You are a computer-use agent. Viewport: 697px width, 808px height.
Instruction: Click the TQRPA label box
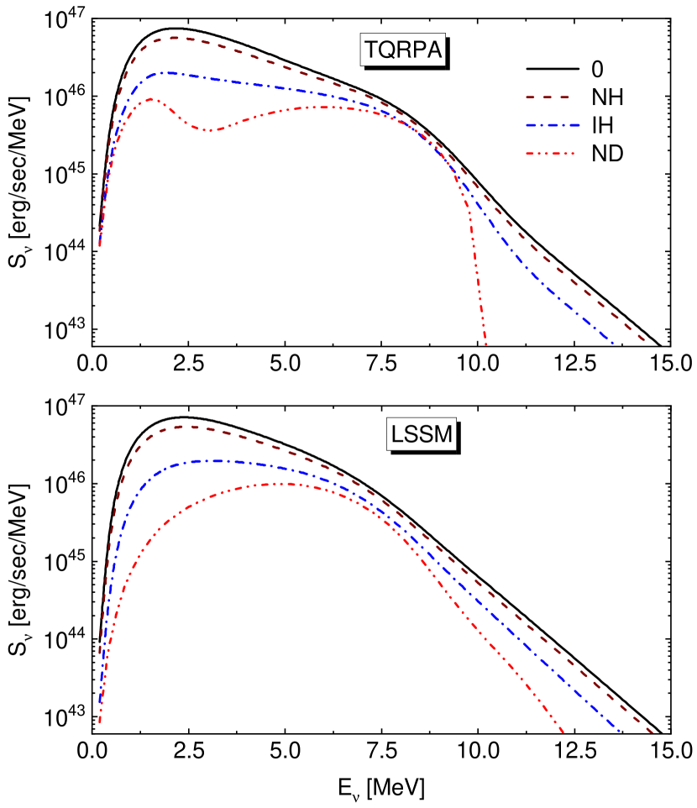coord(402,50)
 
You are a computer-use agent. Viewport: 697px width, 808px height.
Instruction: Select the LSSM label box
coord(421,435)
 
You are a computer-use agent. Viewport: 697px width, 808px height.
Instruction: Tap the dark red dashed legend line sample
coord(548,97)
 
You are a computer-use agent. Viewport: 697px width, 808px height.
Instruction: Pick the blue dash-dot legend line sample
coord(553,126)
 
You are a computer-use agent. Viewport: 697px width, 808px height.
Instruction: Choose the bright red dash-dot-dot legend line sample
coord(550,154)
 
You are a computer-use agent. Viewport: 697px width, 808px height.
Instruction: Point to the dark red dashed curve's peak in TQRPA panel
coord(176,37)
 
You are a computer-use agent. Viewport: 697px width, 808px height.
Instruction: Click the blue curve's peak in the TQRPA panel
coord(168,73)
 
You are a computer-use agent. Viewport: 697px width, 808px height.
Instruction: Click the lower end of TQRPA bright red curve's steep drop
coord(485,344)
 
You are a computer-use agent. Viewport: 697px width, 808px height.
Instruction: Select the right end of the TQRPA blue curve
coord(614,343)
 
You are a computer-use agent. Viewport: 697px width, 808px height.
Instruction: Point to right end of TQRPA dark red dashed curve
coord(645,341)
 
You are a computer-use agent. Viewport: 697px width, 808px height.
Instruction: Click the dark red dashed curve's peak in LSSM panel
coord(186,426)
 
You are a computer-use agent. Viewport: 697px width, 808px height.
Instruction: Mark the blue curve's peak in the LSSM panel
coord(214,460)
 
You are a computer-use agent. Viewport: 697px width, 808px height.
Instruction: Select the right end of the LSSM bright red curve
coord(563,732)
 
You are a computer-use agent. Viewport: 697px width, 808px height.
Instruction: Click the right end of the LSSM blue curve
coord(620,732)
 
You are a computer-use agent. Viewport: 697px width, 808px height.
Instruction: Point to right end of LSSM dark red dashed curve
coord(652,732)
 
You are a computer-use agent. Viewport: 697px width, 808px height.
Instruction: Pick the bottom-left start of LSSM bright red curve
coord(100,721)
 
